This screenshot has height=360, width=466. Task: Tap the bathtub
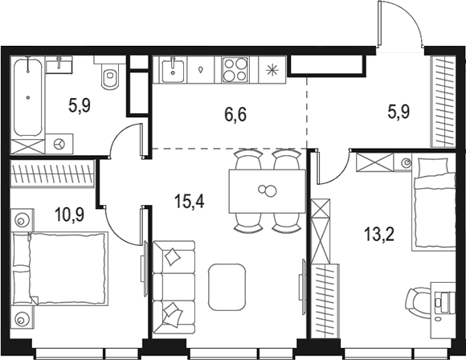(x=27, y=96)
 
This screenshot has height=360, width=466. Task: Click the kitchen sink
(x=174, y=70)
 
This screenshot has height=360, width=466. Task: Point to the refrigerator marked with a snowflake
(x=271, y=70)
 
